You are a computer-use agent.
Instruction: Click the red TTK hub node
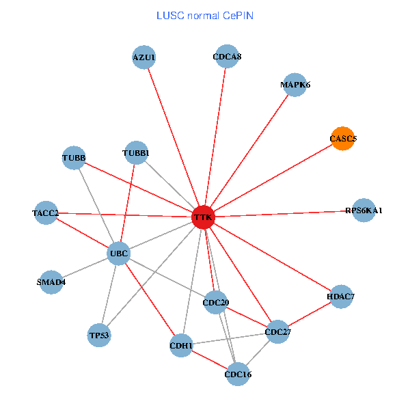point(204,217)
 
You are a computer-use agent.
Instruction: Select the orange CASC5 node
point(342,139)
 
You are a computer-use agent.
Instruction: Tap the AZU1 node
point(144,58)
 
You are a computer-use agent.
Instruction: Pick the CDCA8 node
point(227,57)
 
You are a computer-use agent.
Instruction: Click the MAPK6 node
point(295,85)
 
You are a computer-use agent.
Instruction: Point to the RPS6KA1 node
point(364,210)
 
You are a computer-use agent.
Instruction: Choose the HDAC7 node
point(340,297)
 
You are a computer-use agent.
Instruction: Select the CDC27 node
point(277,332)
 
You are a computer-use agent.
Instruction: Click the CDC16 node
point(237,374)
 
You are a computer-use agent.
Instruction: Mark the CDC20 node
point(216,302)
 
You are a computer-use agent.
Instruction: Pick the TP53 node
point(99,336)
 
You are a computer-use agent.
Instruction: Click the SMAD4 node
point(51,282)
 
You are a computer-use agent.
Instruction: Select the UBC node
point(118,254)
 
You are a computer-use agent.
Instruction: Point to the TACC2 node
point(46,213)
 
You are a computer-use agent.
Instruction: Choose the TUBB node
point(74,159)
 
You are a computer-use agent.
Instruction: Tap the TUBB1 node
point(136,152)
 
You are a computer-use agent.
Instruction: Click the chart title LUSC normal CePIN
point(205,15)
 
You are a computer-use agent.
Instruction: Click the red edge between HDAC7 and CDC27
point(309,314)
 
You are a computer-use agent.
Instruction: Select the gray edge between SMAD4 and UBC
point(85,268)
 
